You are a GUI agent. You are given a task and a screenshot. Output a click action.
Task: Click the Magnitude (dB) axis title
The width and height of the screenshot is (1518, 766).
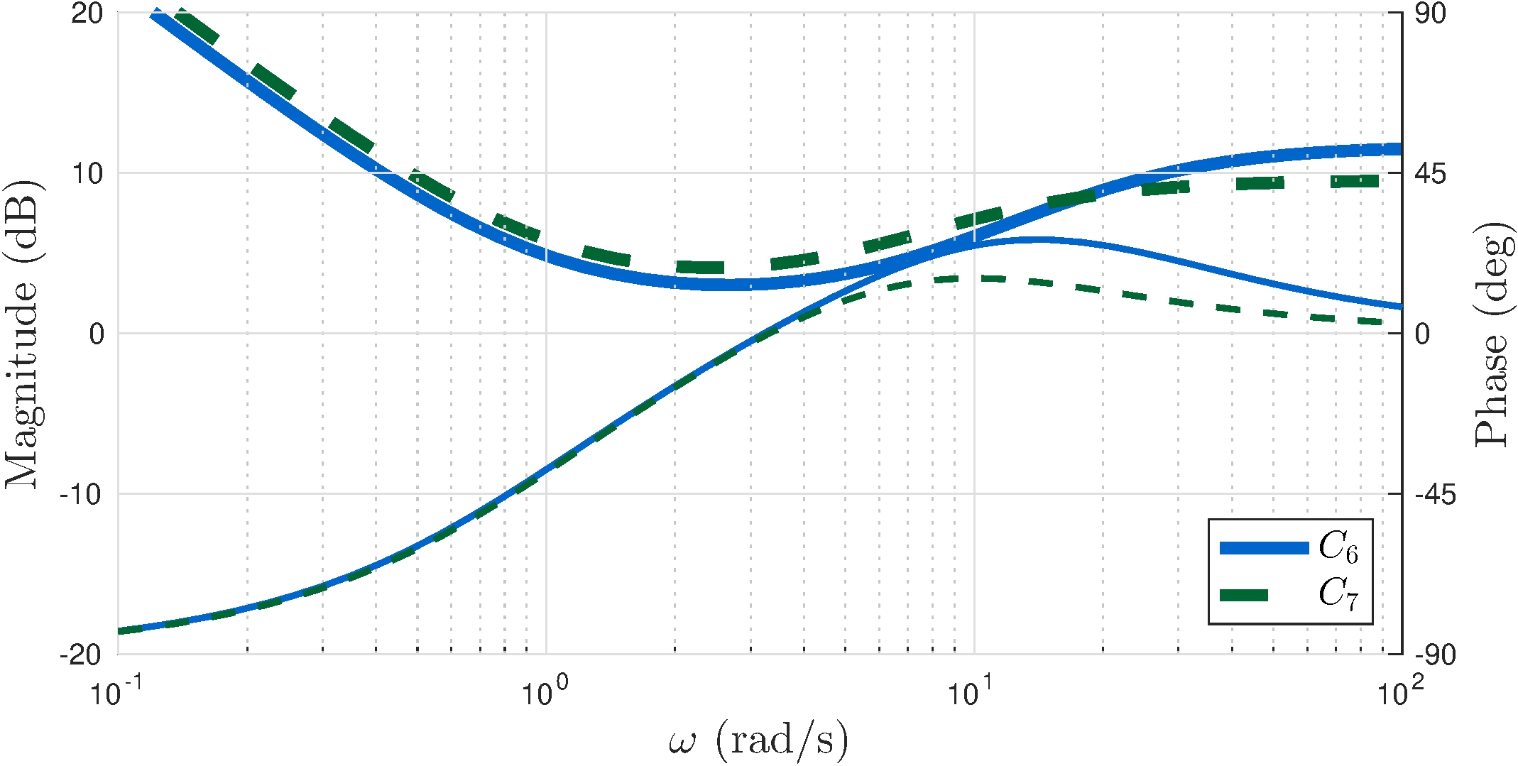click(23, 334)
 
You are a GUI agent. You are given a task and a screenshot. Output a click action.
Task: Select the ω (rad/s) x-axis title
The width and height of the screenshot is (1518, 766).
click(758, 741)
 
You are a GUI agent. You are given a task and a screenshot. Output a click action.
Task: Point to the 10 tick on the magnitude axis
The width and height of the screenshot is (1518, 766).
click(87, 173)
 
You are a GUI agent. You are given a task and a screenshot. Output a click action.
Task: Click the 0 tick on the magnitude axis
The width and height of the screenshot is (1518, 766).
click(97, 334)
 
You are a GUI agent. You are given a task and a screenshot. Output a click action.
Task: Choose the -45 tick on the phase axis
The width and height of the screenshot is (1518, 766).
click(1435, 494)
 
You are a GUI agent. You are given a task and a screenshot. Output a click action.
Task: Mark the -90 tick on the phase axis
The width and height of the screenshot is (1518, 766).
click(1435, 655)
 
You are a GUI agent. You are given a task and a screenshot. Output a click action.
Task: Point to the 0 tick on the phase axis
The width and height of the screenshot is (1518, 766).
click(1421, 334)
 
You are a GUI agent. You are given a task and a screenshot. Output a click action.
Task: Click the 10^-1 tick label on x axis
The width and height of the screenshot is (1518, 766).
click(116, 693)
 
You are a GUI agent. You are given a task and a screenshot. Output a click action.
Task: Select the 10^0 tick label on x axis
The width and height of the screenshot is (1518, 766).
click(545, 693)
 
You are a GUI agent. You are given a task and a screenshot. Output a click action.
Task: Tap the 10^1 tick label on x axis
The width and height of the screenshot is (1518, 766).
click(972, 693)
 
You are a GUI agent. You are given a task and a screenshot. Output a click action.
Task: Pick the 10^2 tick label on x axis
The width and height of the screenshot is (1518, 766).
click(1400, 693)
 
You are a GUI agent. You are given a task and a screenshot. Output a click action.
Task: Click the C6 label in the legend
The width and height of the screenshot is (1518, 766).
click(1338, 548)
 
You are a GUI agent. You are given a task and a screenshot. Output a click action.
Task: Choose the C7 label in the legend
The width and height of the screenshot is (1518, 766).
click(1338, 593)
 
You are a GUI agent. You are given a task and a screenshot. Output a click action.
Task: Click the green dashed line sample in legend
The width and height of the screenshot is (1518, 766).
click(1244, 595)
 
